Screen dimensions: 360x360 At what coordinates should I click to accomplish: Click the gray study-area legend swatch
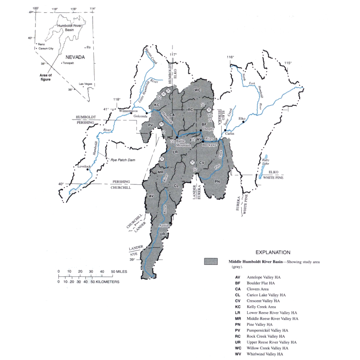[x=211, y=262]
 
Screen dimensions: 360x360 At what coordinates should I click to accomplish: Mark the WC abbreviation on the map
[x=198, y=90]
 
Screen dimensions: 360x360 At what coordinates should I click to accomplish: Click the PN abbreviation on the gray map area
[x=217, y=182]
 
